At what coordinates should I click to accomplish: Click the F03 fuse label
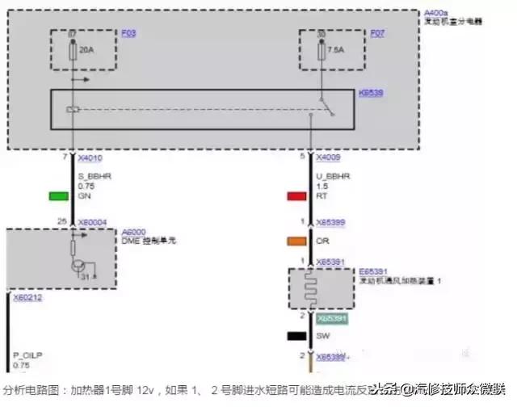[129, 33]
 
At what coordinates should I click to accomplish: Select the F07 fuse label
[377, 33]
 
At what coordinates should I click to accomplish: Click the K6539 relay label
[371, 94]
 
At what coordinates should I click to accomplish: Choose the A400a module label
[435, 14]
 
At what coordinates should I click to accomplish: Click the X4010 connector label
[90, 158]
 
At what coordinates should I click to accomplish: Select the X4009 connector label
[329, 158]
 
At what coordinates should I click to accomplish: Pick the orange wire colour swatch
[296, 240]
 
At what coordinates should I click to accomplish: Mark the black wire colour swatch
[296, 334]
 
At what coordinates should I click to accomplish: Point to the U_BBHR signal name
[332, 176]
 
